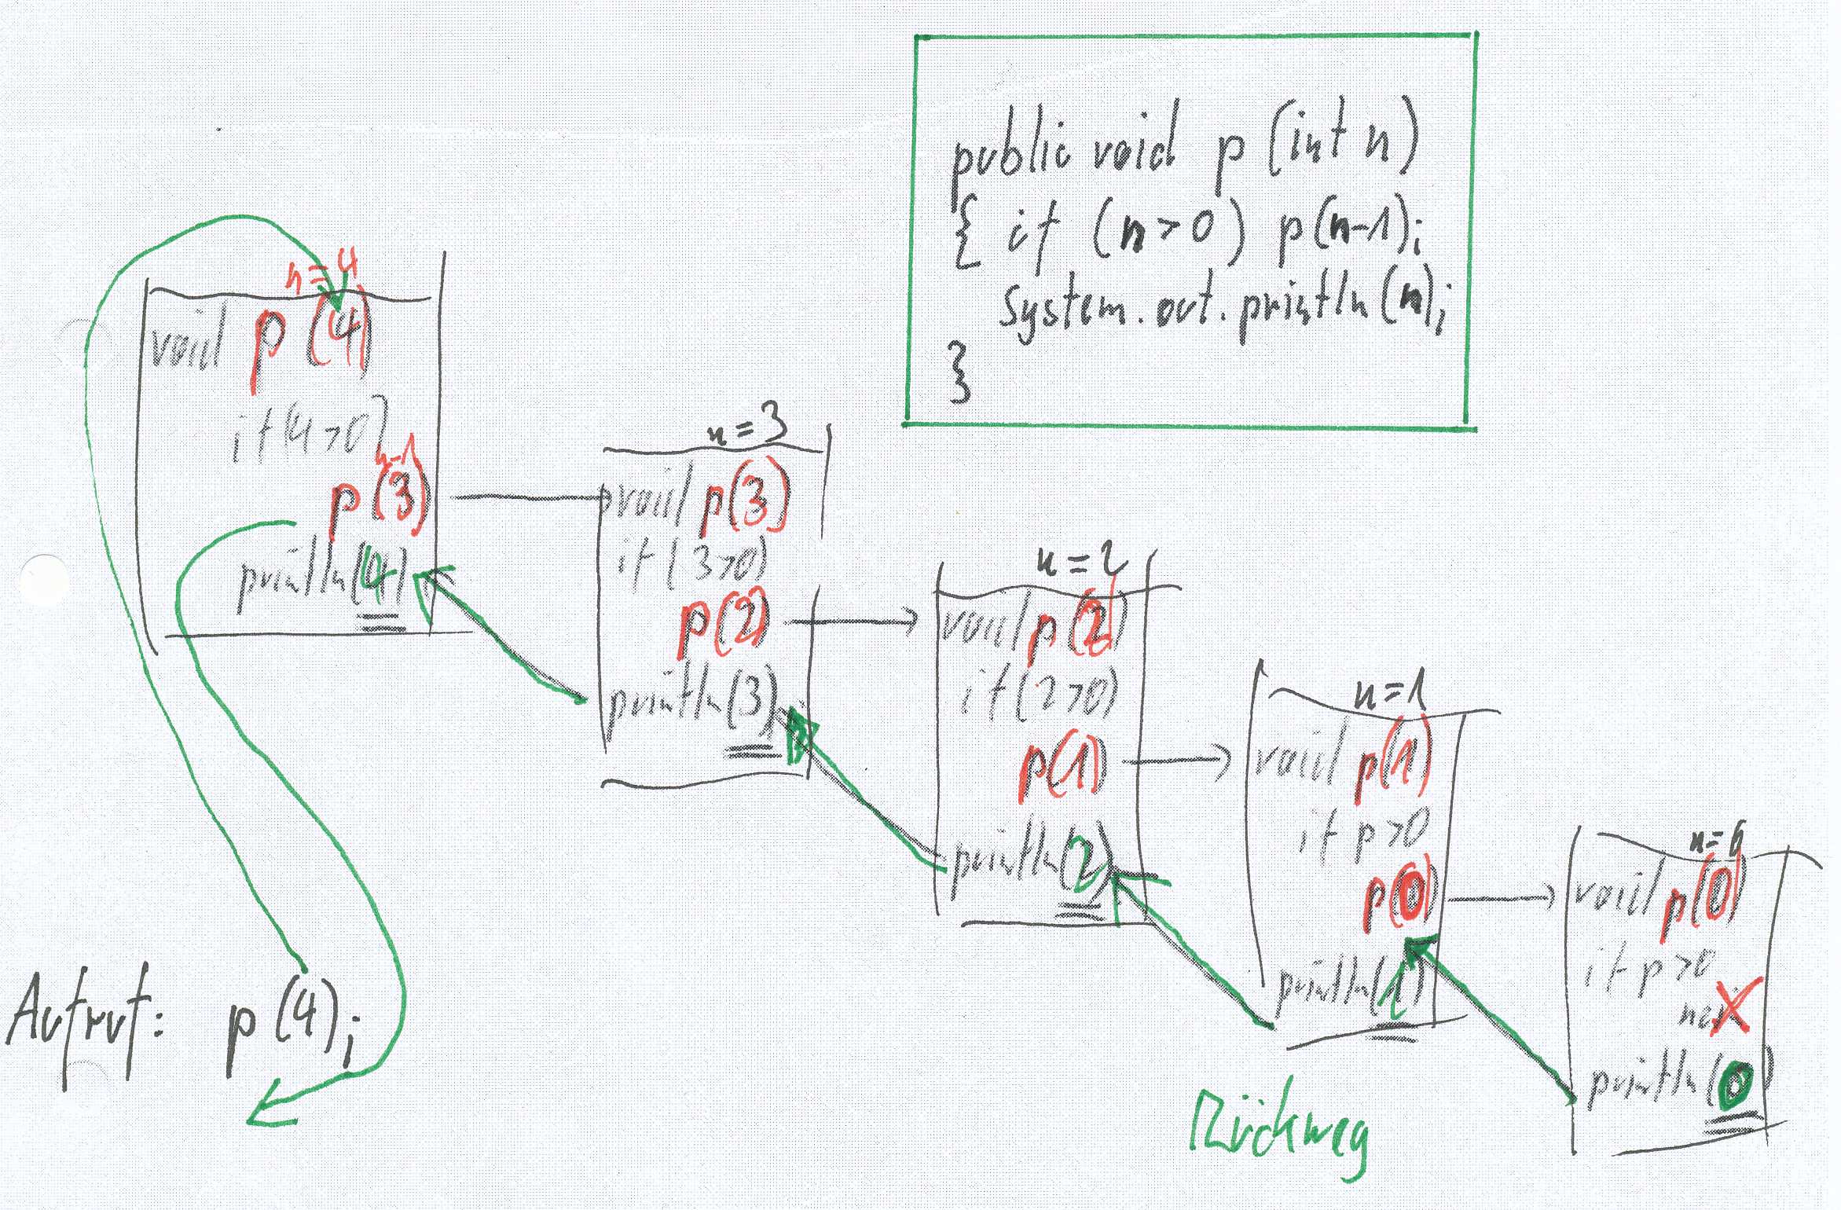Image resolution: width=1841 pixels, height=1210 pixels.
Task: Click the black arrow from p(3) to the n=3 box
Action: [x=526, y=497]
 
